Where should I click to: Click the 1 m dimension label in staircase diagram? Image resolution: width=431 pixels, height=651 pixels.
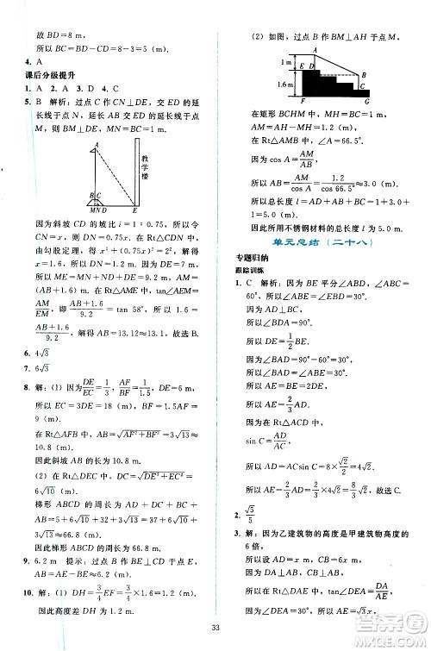tap(261, 63)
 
